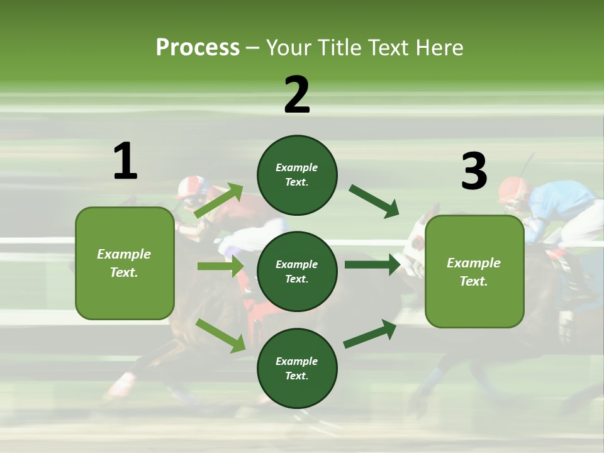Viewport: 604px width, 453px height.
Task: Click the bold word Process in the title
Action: click(198, 48)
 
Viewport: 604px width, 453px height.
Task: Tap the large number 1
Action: click(125, 162)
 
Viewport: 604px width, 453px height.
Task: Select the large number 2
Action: click(297, 95)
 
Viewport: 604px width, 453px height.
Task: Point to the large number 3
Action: click(474, 172)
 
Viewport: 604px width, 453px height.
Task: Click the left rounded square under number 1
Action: click(125, 263)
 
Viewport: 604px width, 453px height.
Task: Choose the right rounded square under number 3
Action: click(474, 271)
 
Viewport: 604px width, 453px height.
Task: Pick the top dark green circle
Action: click(297, 175)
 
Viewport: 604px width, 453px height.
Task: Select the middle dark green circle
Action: click(297, 271)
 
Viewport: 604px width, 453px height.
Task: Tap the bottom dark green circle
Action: click(297, 368)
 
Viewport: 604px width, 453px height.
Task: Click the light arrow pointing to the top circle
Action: click(219, 201)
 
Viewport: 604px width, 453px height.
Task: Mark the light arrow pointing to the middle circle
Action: click(220, 266)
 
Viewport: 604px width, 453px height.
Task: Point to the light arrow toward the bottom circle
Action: click(221, 335)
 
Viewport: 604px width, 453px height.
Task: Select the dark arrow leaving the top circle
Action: click(374, 201)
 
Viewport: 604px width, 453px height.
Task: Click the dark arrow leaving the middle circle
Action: click(372, 264)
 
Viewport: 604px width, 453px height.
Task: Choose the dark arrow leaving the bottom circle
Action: click(370, 333)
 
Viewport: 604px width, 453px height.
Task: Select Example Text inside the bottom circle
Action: click(297, 368)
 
